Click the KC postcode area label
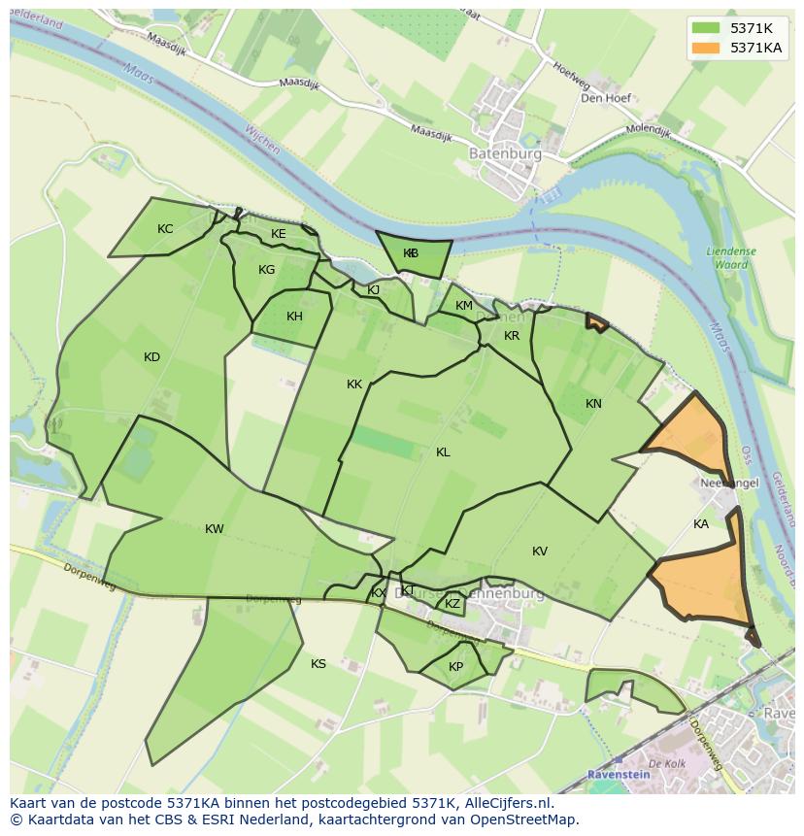click(x=165, y=229)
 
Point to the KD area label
click(x=151, y=357)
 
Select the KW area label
click(x=215, y=529)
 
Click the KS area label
click(x=318, y=664)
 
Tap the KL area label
click(x=443, y=452)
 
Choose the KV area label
click(x=540, y=552)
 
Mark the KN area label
click(x=593, y=404)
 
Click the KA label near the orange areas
click(x=701, y=524)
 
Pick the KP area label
click(x=455, y=667)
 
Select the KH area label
click(x=294, y=317)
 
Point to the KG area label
click(x=267, y=270)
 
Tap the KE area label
click(x=279, y=234)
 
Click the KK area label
click(x=354, y=385)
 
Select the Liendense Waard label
click(x=731, y=257)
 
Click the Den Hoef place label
click(x=606, y=98)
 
